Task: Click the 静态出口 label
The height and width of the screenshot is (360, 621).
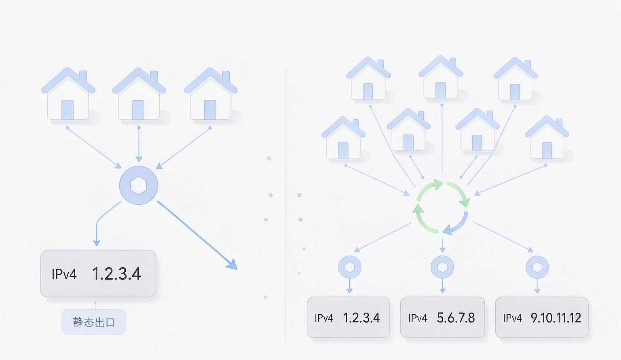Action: pyautogui.click(x=94, y=322)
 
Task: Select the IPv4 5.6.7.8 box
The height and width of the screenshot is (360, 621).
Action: pyautogui.click(x=442, y=317)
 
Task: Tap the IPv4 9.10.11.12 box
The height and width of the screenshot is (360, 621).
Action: pyautogui.click(x=542, y=317)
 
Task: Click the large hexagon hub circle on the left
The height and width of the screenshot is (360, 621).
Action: pyautogui.click(x=139, y=185)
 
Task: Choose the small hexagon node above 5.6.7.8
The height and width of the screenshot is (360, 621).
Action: pyautogui.click(x=442, y=267)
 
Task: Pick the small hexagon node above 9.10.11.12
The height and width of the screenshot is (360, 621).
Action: pyautogui.click(x=537, y=267)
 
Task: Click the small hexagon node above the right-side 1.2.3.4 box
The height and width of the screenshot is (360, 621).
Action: pyautogui.click(x=350, y=267)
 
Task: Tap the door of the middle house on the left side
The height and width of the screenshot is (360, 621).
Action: pyautogui.click(x=138, y=110)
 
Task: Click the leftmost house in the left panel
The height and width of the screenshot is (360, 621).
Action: pyautogui.click(x=68, y=94)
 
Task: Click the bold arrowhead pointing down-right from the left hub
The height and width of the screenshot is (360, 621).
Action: pyautogui.click(x=232, y=265)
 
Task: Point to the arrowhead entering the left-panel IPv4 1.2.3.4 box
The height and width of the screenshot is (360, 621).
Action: pyautogui.click(x=97, y=243)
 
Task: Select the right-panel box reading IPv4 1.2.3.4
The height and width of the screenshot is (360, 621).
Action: pyautogui.click(x=348, y=317)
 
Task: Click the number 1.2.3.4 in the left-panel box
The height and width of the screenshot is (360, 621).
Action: pyautogui.click(x=116, y=274)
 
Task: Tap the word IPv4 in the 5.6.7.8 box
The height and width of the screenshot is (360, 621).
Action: pyautogui.click(x=418, y=318)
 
